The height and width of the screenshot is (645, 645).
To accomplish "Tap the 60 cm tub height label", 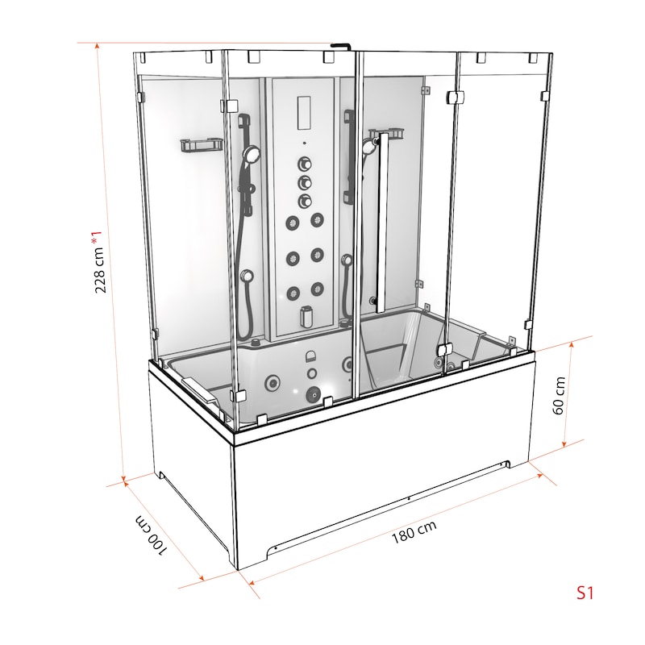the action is (x=559, y=395).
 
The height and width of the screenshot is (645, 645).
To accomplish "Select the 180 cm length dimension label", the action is (x=414, y=532).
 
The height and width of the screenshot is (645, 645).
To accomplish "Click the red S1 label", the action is (x=585, y=593).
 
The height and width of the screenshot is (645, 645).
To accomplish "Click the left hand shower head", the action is (x=251, y=155).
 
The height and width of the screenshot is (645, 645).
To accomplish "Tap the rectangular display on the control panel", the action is (x=303, y=113).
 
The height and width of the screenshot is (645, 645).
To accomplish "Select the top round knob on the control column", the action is (x=305, y=164).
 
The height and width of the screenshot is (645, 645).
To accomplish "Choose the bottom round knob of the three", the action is (x=305, y=201).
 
